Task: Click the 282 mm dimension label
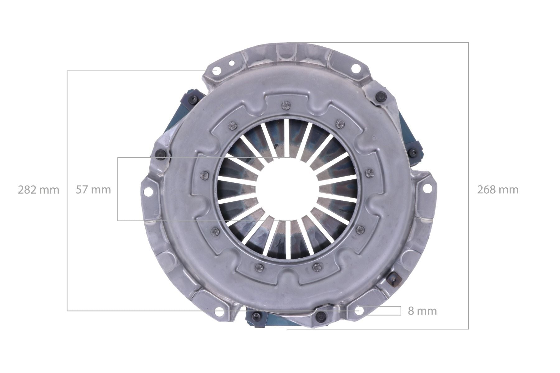38,190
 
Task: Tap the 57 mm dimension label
93,190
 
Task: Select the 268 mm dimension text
498,190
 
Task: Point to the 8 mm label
422,311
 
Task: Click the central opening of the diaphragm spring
287,189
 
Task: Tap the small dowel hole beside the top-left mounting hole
231,63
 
